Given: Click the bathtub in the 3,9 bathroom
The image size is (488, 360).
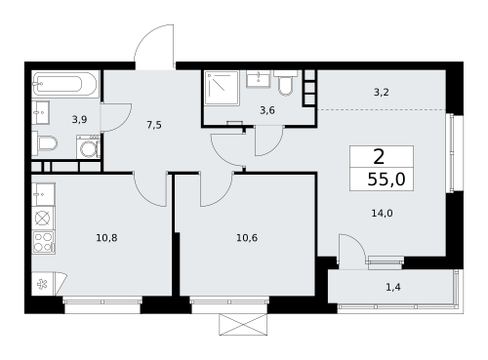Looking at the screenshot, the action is tap(65, 84).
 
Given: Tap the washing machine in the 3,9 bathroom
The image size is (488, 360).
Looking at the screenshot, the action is tap(88, 147).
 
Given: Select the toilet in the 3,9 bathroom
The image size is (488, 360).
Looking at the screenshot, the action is tap(45, 142).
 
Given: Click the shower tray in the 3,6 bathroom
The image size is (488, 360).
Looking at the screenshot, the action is tap(222, 88).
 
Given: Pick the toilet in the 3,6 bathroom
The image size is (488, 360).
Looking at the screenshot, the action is tap(285, 83).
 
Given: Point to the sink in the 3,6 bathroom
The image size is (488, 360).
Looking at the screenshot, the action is tap(259, 79).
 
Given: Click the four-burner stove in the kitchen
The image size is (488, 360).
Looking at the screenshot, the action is tap(43, 242).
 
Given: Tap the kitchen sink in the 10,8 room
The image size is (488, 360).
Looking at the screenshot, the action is tap(43, 194).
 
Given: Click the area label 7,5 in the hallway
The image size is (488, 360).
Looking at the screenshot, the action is tap(154, 125).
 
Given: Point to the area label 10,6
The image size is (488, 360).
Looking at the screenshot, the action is tap(247, 238).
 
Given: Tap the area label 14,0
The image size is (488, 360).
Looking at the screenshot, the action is tap(382, 214).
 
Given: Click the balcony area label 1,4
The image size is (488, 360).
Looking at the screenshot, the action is tap(393, 287).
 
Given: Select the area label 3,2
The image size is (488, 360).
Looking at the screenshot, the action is tap(382, 93).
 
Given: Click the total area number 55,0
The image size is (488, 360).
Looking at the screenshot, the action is tap(386, 180).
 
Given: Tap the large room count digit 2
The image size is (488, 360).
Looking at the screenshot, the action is tap(380, 157).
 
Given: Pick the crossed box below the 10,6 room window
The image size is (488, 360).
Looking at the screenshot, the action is tap(243, 324).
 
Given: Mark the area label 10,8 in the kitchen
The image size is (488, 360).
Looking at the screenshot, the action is tap(106, 238).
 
